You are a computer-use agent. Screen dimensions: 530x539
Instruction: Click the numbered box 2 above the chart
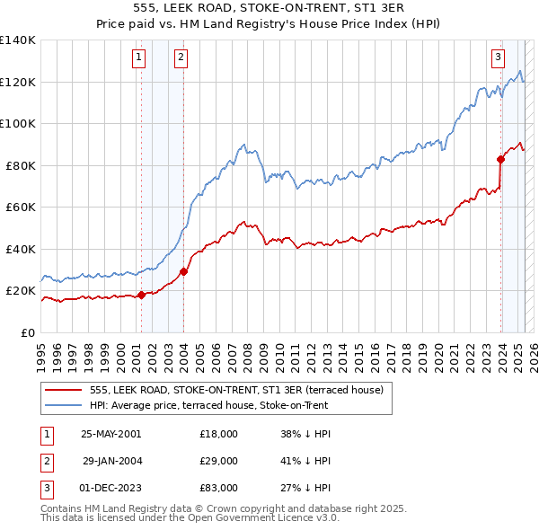click(181, 58)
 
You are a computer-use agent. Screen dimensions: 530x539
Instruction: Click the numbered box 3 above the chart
click(498, 58)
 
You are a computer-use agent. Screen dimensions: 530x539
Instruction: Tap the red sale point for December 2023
click(500, 159)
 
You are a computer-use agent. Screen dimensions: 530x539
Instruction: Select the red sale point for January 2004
click(183, 271)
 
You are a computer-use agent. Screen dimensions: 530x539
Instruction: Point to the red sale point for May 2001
click(141, 295)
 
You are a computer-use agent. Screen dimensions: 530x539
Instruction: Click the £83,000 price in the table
click(219, 488)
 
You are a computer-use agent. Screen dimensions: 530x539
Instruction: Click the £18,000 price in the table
click(219, 434)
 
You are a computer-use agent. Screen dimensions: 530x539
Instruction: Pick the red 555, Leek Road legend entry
click(236, 390)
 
